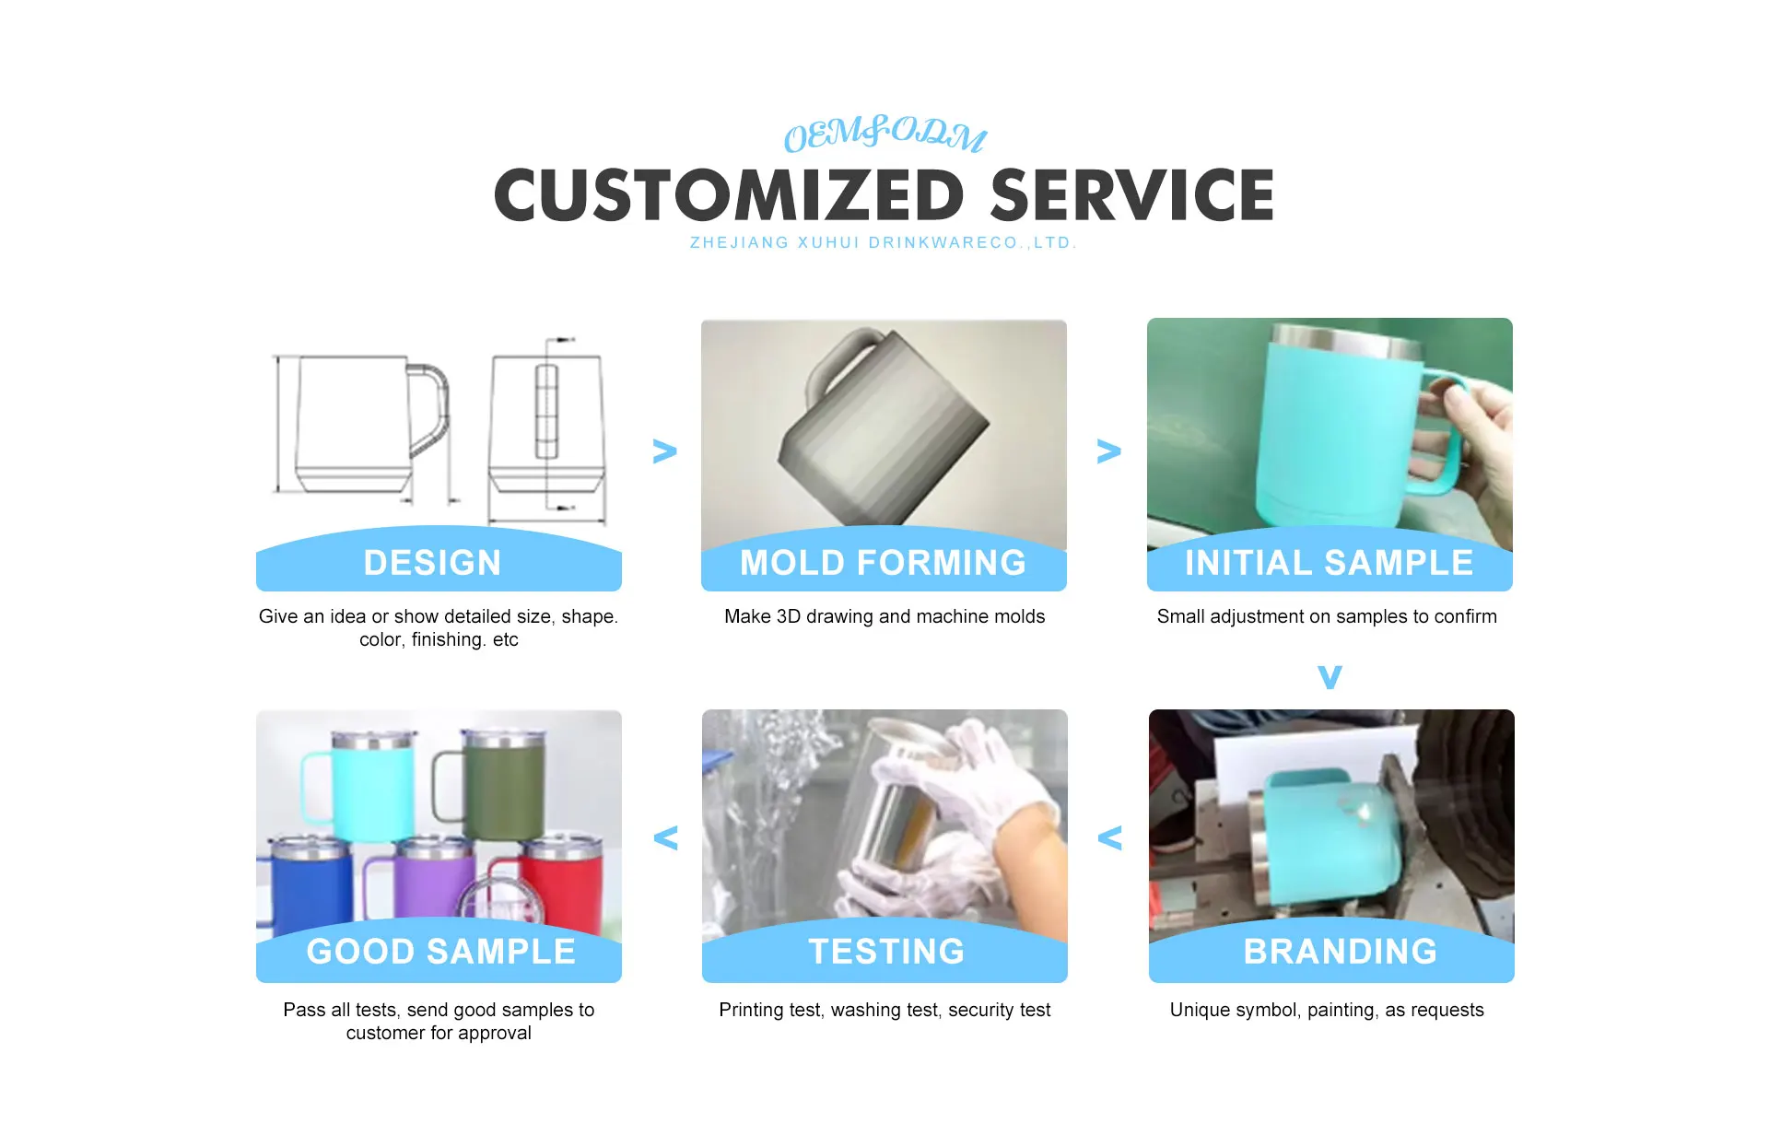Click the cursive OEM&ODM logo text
tap(884, 135)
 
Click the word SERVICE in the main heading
tap(1132, 195)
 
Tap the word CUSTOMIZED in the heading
tap(730, 195)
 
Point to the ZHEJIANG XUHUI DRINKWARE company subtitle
tap(883, 243)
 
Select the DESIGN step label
tap(432, 563)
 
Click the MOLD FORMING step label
tap(883, 563)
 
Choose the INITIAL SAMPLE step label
tap(1329, 563)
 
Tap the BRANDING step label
tap(1341, 952)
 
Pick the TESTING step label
tap(886, 952)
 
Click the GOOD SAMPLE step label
tap(440, 952)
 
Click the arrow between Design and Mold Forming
tap(664, 450)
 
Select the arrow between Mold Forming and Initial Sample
tap(1108, 450)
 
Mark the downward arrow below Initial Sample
tap(1330, 677)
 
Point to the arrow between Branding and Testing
tap(1109, 837)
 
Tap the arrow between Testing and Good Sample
tap(665, 837)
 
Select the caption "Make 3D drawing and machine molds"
tap(884, 616)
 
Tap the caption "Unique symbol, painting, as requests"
tap(1327, 1011)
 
